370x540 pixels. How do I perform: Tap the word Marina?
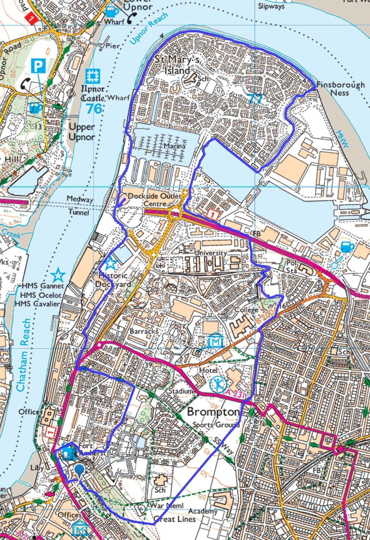pyautogui.click(x=174, y=145)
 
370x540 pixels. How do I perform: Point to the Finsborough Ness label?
pyautogui.click(x=340, y=89)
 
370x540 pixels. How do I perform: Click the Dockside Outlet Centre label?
pyautogui.click(x=154, y=200)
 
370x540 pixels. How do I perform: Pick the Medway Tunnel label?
pyautogui.click(x=79, y=205)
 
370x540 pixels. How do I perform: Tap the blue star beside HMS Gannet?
pyautogui.click(x=58, y=275)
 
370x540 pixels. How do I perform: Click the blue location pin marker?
pyautogui.click(x=80, y=470)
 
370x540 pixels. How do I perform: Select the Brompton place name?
pyautogui.click(x=213, y=412)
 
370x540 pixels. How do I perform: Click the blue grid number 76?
pyautogui.click(x=94, y=109)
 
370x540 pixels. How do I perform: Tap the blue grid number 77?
pyautogui.click(x=255, y=99)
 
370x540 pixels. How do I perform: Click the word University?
pyautogui.click(x=210, y=253)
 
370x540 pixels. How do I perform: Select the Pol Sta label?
pyautogui.click(x=292, y=266)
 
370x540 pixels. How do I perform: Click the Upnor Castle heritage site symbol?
pyautogui.click(x=92, y=76)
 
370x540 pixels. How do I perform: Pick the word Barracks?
pyautogui.click(x=143, y=331)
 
